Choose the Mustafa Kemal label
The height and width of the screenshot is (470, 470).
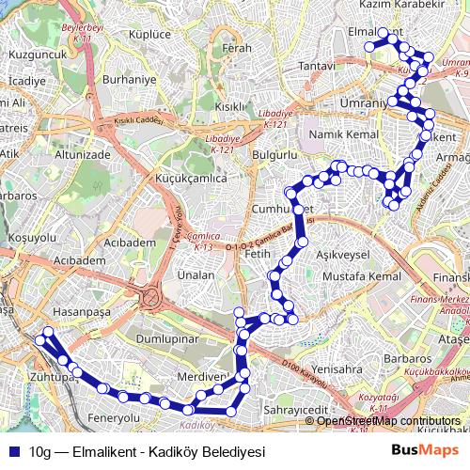click(361, 277)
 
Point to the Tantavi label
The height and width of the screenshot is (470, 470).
click(317, 67)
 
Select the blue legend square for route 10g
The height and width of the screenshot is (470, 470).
click(13, 450)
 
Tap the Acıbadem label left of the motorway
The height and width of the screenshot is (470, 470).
click(80, 259)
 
